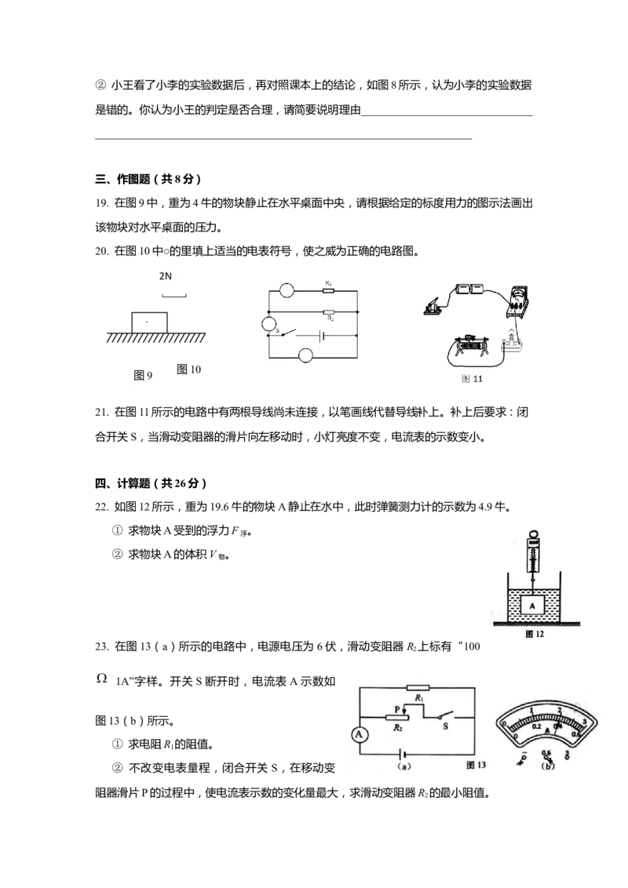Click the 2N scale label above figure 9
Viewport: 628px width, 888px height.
[x=165, y=276]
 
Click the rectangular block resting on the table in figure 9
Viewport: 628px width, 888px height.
[x=150, y=322]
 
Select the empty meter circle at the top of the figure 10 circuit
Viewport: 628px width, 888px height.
[x=287, y=290]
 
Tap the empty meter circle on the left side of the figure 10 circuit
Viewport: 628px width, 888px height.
[x=268, y=324]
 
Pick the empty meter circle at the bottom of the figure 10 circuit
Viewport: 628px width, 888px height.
[x=306, y=355]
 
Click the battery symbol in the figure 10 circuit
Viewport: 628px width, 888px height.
[x=322, y=335]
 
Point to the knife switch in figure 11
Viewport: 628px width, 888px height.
[x=435, y=307]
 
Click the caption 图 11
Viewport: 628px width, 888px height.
[x=472, y=378]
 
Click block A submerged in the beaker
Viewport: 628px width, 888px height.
[x=532, y=606]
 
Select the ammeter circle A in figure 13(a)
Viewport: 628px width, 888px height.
[x=359, y=734]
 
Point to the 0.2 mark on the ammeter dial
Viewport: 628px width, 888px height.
[x=536, y=726]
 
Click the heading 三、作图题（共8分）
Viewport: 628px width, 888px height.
[x=148, y=179]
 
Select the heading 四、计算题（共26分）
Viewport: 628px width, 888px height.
[x=151, y=483]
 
